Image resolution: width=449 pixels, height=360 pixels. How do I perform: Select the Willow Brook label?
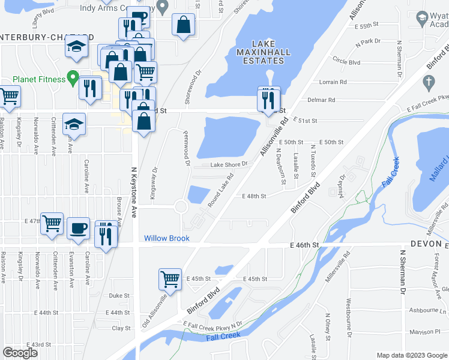tap(166, 238)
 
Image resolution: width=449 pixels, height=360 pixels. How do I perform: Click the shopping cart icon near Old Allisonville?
tap(170, 280)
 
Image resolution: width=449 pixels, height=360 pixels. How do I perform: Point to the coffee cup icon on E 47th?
tap(78, 228)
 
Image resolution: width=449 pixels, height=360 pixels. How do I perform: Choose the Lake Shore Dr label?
tap(229, 164)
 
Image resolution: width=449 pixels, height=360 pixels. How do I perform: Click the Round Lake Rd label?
tap(221, 190)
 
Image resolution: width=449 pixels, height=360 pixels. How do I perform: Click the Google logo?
tap(20, 352)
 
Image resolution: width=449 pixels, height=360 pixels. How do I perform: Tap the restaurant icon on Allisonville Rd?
tap(269, 100)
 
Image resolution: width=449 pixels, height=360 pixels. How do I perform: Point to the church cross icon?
tap(428, 81)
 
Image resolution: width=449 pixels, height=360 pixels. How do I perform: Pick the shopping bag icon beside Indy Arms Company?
tap(184, 25)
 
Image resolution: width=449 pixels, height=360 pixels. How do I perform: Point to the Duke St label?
tap(119, 295)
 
